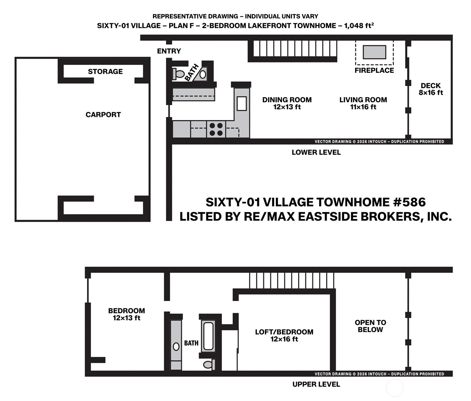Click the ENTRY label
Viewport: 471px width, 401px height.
pos(169,51)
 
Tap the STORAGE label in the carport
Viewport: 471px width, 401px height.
pos(105,72)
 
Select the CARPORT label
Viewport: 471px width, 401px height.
pos(103,115)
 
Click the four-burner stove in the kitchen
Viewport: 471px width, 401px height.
pos(216,129)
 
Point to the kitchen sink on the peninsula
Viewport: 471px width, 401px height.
pos(242,104)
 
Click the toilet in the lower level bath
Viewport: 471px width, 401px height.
pos(178,74)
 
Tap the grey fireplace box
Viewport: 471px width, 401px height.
pos(374,52)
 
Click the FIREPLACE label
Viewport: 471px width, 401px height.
pos(374,70)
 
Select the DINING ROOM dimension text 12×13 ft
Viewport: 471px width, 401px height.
pos(287,107)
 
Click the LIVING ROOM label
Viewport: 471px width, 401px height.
pos(363,100)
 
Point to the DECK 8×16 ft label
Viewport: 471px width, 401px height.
pos(431,89)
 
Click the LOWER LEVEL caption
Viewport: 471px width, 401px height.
pos(316,152)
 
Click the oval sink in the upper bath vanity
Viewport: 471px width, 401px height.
pos(176,347)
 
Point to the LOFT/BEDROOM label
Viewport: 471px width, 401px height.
pos(284,332)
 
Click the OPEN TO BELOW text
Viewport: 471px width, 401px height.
pos(370,326)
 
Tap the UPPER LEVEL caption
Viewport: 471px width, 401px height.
pos(316,384)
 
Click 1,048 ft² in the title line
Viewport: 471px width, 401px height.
pos(359,25)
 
